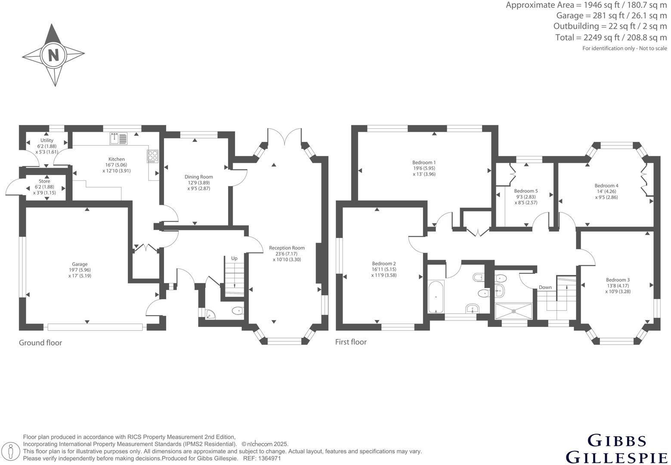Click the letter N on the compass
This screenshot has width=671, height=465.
(53, 55)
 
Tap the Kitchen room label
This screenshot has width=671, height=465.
(116, 159)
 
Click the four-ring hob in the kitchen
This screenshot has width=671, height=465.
(153, 155)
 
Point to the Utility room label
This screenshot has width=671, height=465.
(47, 140)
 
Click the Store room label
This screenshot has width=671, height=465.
(44, 181)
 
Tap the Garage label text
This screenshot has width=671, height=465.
(80, 264)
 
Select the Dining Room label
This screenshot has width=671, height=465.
(198, 177)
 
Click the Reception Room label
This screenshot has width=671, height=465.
(287, 248)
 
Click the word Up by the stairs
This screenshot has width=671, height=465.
(234, 258)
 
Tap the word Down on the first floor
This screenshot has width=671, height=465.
(545, 287)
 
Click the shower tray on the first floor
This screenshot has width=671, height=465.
(513, 311)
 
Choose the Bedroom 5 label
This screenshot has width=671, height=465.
(526, 191)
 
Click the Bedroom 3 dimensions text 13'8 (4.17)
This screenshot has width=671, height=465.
(618, 285)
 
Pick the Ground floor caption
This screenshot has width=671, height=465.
(40, 343)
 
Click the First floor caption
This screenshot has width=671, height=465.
(351, 342)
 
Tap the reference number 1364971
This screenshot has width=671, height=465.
(270, 459)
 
